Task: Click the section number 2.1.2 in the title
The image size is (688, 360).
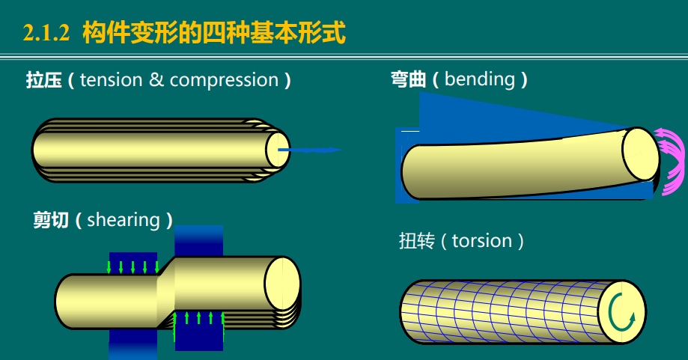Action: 46,33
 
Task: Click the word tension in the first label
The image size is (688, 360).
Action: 111,80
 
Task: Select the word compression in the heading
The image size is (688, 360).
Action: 224,80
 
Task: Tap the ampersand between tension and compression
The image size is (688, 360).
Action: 156,80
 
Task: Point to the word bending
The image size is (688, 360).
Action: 479,79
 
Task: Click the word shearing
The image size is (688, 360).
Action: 124,220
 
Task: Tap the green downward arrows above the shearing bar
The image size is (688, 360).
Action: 133,267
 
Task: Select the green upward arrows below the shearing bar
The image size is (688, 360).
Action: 198,322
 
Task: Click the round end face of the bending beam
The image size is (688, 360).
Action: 640,155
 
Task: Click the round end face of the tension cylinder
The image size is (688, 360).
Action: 278,148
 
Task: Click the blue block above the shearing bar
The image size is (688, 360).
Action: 198,241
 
